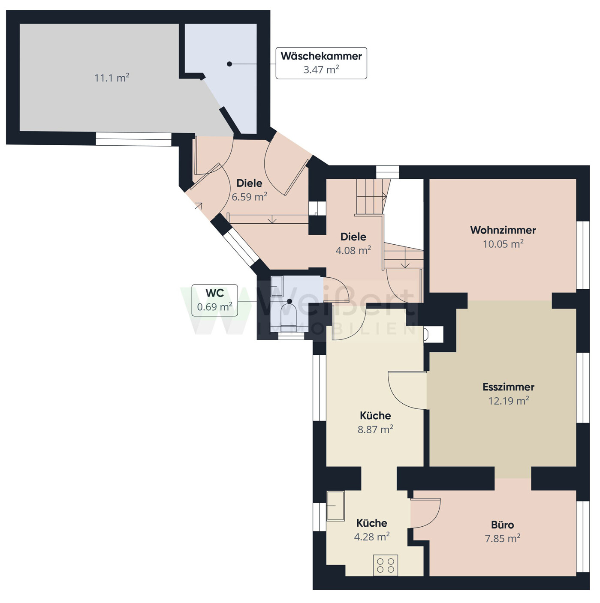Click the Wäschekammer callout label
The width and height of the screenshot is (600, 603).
point(321,63)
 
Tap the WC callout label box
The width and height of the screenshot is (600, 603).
point(214,300)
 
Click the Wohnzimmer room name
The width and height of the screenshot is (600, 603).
point(503,230)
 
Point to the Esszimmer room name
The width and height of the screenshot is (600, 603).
point(509,387)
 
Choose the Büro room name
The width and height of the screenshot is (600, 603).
point(502,525)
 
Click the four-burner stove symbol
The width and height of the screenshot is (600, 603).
point(386,565)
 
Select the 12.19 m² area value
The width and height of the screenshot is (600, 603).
point(509,401)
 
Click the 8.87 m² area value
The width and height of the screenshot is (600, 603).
point(375,429)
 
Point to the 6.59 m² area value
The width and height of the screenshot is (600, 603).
point(249,197)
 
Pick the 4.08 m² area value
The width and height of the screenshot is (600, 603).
point(353,250)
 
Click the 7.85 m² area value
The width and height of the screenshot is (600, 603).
point(502,539)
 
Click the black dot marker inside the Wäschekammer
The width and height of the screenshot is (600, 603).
point(229,64)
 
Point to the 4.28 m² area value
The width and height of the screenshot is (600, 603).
point(372,537)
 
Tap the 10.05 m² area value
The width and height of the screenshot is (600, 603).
point(503,244)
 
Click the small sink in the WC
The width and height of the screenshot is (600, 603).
point(277,286)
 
